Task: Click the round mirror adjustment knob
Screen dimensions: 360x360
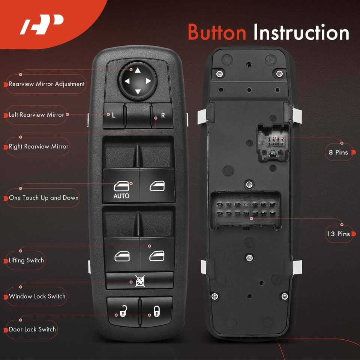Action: click(137, 81)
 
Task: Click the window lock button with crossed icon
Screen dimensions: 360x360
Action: click(139, 281)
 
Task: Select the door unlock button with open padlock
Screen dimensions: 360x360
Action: click(123, 310)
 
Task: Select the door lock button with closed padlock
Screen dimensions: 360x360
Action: click(156, 310)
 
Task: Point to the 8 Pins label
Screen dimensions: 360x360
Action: click(338, 153)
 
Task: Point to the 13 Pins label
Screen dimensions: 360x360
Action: click(338, 234)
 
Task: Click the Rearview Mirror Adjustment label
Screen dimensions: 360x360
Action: click(46, 84)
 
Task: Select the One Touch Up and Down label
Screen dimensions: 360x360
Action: click(43, 198)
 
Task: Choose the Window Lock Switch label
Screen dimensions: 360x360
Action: click(37, 296)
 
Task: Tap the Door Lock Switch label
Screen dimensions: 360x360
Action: click(32, 330)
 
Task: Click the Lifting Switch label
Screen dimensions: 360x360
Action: click(26, 260)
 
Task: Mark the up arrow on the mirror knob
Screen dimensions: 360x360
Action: click(137, 70)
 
